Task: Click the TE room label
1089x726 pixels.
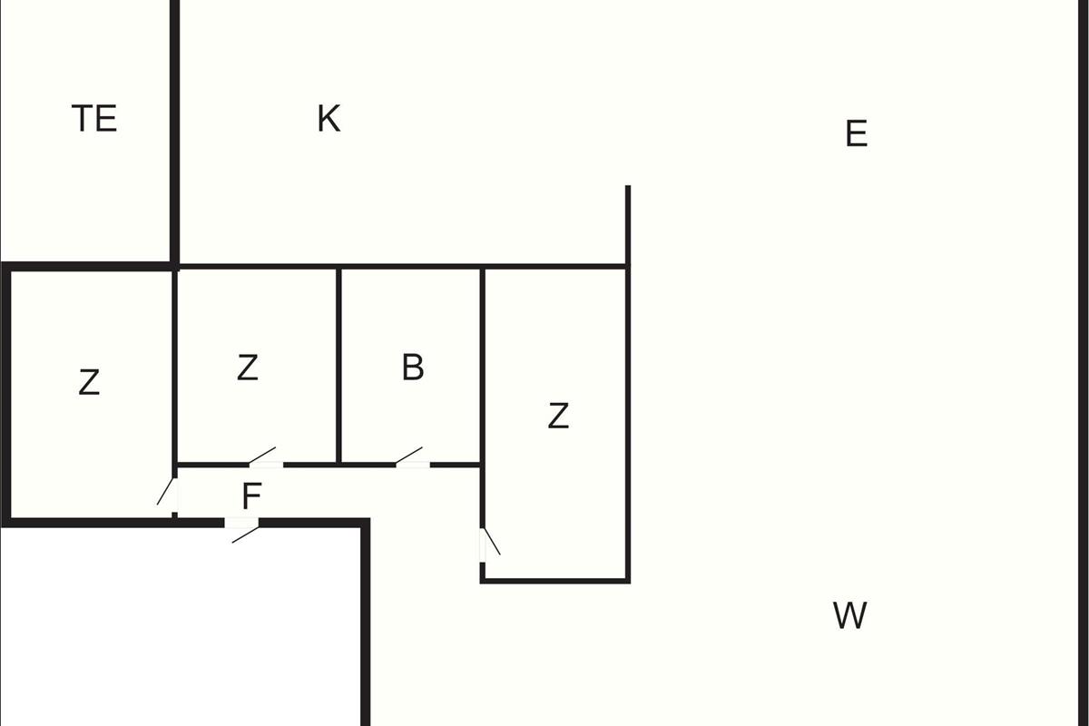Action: click(x=94, y=118)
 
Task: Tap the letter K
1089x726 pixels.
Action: click(x=329, y=118)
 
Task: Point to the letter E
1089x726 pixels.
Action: click(x=856, y=133)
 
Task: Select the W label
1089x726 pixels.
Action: click(x=849, y=615)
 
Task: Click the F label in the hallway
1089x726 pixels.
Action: click(x=251, y=496)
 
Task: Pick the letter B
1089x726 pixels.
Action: click(x=413, y=368)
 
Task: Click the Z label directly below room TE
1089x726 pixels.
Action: click(x=89, y=382)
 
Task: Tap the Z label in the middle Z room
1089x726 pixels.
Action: click(x=247, y=368)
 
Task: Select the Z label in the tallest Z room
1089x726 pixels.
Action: click(x=558, y=416)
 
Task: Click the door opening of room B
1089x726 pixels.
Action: click(x=412, y=465)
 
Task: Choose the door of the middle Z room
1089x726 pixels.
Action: click(x=266, y=465)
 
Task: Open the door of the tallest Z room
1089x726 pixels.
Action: click(x=483, y=545)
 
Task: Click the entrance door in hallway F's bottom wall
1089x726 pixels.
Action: click(x=241, y=523)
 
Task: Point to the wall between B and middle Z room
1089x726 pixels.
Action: click(x=338, y=366)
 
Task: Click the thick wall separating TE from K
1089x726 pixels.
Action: click(x=175, y=132)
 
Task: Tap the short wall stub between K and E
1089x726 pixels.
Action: click(x=628, y=225)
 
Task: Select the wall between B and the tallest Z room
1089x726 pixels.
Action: click(x=482, y=366)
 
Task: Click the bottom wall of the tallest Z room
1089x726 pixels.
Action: click(x=555, y=581)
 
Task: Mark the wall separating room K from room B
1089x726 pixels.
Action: click(x=411, y=267)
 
